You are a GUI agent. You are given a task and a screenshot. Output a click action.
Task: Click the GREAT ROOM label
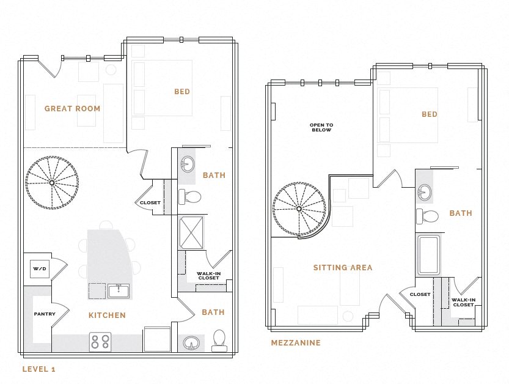[72, 109]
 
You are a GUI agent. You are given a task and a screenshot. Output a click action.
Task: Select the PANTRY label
[44, 314]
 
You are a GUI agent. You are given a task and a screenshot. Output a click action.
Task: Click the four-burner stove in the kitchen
[100, 341]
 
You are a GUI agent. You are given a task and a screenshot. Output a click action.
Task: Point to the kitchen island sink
[119, 290]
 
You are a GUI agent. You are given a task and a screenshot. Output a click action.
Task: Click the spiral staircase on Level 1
[52, 182]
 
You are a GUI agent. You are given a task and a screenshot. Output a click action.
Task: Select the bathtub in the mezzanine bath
[428, 255]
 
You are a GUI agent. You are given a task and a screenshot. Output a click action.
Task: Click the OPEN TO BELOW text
[321, 127]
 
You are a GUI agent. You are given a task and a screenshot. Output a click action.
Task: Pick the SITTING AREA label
[342, 268]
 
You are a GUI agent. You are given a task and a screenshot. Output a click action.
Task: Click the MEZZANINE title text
[296, 343]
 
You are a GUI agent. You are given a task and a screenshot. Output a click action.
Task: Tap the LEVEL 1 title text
[38, 369]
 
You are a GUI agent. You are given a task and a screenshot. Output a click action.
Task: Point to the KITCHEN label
[108, 316]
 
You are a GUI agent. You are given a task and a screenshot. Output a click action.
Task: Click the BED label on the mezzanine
[429, 114]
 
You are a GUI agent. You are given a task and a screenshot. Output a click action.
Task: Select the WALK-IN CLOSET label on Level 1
[208, 276]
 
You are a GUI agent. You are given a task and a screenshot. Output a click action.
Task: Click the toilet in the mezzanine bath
[428, 216]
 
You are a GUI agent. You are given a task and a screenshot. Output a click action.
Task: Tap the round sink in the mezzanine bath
[423, 193]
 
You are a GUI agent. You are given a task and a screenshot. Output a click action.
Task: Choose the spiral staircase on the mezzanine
[299, 209]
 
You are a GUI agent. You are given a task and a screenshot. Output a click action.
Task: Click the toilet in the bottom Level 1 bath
[218, 341]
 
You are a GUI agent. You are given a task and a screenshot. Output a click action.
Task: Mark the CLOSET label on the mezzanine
[420, 295]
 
